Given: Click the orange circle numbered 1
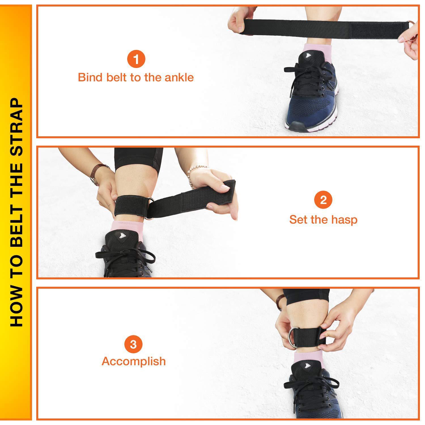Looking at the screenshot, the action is click(x=136, y=60).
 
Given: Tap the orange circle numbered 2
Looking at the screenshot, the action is click(x=323, y=200).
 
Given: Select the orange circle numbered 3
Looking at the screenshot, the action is click(x=133, y=345).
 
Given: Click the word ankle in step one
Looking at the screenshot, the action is click(x=179, y=77).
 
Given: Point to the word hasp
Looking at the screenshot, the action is click(x=345, y=220).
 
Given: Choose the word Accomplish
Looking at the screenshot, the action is click(x=134, y=361).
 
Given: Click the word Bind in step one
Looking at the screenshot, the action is click(x=90, y=77).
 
